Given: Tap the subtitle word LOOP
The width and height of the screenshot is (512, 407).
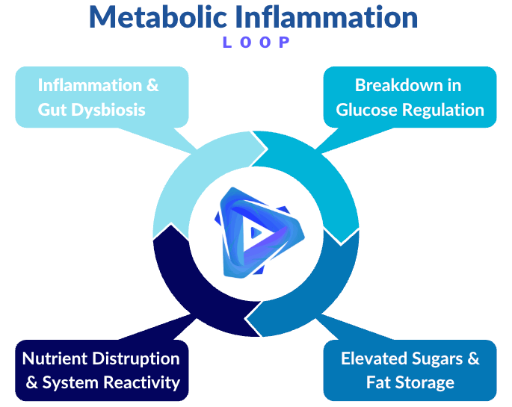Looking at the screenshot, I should pyautogui.click(x=256, y=43).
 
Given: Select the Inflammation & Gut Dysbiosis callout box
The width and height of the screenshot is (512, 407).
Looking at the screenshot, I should pyautogui.click(x=100, y=97).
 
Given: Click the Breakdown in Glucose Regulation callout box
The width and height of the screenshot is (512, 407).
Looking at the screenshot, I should pyautogui.click(x=410, y=97).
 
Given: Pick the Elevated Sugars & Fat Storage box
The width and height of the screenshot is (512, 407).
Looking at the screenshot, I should pyautogui.click(x=410, y=370).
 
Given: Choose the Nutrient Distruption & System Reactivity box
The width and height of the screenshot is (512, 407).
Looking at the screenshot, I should pyautogui.click(x=102, y=370).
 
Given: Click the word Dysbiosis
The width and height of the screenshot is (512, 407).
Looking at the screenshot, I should pyautogui.click(x=109, y=110).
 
